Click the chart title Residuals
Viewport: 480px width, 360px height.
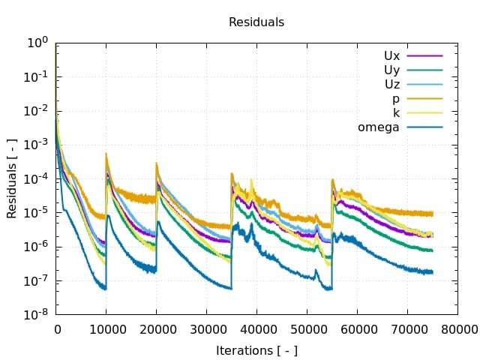coord(256,22)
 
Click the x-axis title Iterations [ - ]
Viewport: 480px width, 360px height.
coord(256,350)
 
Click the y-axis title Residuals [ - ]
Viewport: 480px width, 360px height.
coord(12,178)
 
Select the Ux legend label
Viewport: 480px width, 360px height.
coord(391,55)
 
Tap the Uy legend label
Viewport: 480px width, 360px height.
coord(391,70)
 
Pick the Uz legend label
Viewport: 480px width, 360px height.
coord(391,84)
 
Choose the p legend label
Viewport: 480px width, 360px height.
coord(395,98)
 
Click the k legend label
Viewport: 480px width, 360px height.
coord(396,112)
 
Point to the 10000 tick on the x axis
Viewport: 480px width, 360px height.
coord(106,328)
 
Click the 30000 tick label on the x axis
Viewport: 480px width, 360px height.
coord(207,328)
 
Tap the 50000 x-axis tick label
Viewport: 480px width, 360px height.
coord(307,328)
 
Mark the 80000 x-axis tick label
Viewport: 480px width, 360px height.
coord(457,328)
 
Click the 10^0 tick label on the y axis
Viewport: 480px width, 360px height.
coord(37,43)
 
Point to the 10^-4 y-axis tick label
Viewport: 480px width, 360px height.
coord(36,178)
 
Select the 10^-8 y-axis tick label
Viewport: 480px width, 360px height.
coord(36,314)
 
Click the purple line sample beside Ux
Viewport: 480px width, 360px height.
coord(424,55)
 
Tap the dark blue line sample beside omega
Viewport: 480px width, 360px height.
coord(424,127)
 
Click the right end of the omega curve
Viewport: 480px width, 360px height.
coord(432,272)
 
